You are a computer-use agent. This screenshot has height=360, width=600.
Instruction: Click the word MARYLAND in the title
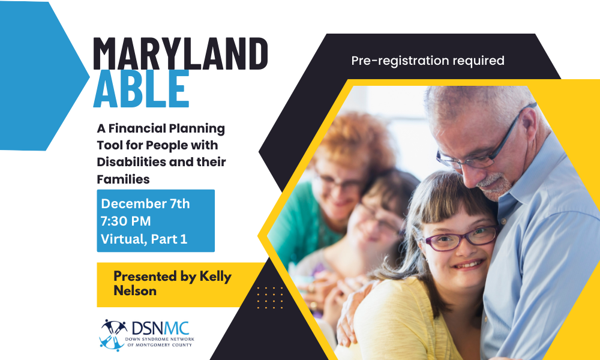pyautogui.click(x=180, y=53)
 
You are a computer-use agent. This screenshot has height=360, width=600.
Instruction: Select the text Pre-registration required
pyautogui.click(x=427, y=61)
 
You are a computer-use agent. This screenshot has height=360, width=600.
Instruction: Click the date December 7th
pyautogui.click(x=145, y=204)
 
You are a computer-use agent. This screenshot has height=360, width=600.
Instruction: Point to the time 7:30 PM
pyautogui.click(x=125, y=221)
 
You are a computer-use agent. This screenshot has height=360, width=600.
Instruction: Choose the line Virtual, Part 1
pyautogui.click(x=144, y=239)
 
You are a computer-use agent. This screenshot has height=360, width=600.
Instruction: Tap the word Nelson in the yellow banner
pyautogui.click(x=135, y=291)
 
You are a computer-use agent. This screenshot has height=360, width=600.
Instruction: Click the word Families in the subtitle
pyautogui.click(x=123, y=179)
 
